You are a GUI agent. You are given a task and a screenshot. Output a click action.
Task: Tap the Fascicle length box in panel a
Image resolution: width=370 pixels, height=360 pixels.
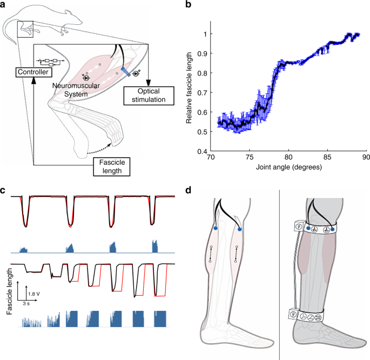pyautogui.click(x=108, y=165)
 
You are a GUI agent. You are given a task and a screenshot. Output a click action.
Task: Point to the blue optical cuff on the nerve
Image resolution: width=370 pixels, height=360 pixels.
pyautogui.click(x=125, y=71)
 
